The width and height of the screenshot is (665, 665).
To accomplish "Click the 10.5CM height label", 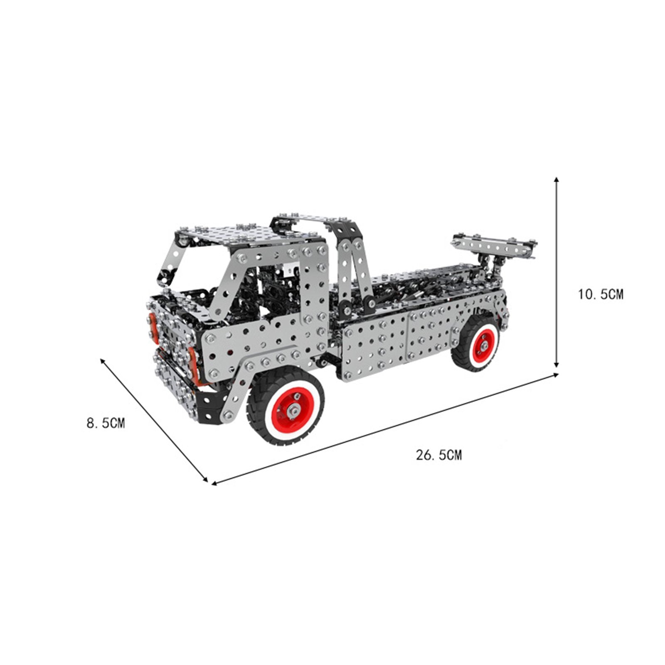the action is point(601,295).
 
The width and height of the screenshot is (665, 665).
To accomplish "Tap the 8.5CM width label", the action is point(106,424).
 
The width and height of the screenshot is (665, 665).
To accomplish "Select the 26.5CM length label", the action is point(439,455).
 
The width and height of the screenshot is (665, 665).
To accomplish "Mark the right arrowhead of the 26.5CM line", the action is point(554,375).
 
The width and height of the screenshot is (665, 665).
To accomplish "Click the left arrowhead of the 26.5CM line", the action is point(215,483).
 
